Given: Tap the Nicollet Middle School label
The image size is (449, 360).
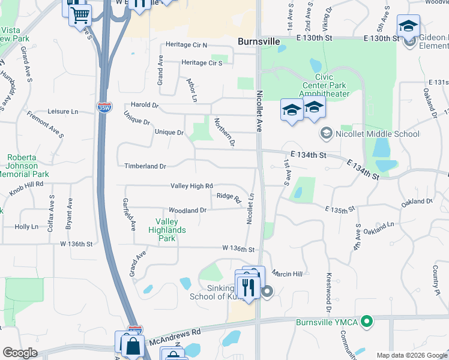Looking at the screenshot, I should pos(378,133).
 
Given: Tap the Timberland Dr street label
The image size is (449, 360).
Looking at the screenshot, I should pos(145,166).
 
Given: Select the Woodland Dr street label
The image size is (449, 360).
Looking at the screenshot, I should pos(187,211).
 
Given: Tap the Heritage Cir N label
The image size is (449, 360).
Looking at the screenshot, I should pos(185,45).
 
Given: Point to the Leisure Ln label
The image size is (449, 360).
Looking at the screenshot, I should pos(62,112).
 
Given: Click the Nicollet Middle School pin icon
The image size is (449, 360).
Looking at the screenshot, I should pos(326,133).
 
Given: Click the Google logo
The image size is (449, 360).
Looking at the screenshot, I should pos(20,353).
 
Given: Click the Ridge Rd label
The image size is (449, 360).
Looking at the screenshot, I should pos(229,196).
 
